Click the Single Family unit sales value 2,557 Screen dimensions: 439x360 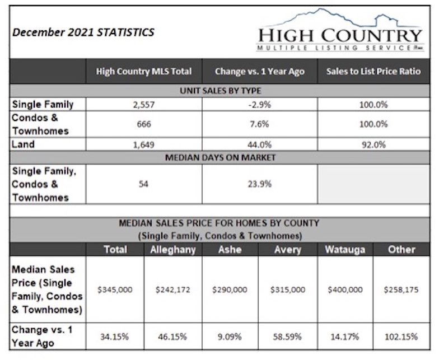[144, 105]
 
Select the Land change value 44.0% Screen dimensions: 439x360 [260, 144]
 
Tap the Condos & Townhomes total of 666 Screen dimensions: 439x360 [144, 124]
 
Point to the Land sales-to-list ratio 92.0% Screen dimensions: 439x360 [374, 144]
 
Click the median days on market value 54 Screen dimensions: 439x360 [143, 184]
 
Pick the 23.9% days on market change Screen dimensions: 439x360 [260, 184]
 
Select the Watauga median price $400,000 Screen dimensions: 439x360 [345, 289]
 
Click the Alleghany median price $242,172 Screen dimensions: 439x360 [172, 289]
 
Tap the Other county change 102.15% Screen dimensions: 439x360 [401, 336]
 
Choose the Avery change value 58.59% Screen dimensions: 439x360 [288, 336]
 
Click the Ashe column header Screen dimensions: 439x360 [230, 250]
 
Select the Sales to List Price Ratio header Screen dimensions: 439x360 [373, 72]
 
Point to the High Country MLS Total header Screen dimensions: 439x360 [144, 72]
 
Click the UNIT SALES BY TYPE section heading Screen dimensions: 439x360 [221, 91]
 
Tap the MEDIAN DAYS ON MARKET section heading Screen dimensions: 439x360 [221, 157]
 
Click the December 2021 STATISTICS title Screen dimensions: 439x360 [83, 32]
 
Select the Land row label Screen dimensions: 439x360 [24, 144]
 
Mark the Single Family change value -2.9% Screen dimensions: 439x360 [260, 105]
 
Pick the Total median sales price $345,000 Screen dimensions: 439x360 [115, 289]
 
